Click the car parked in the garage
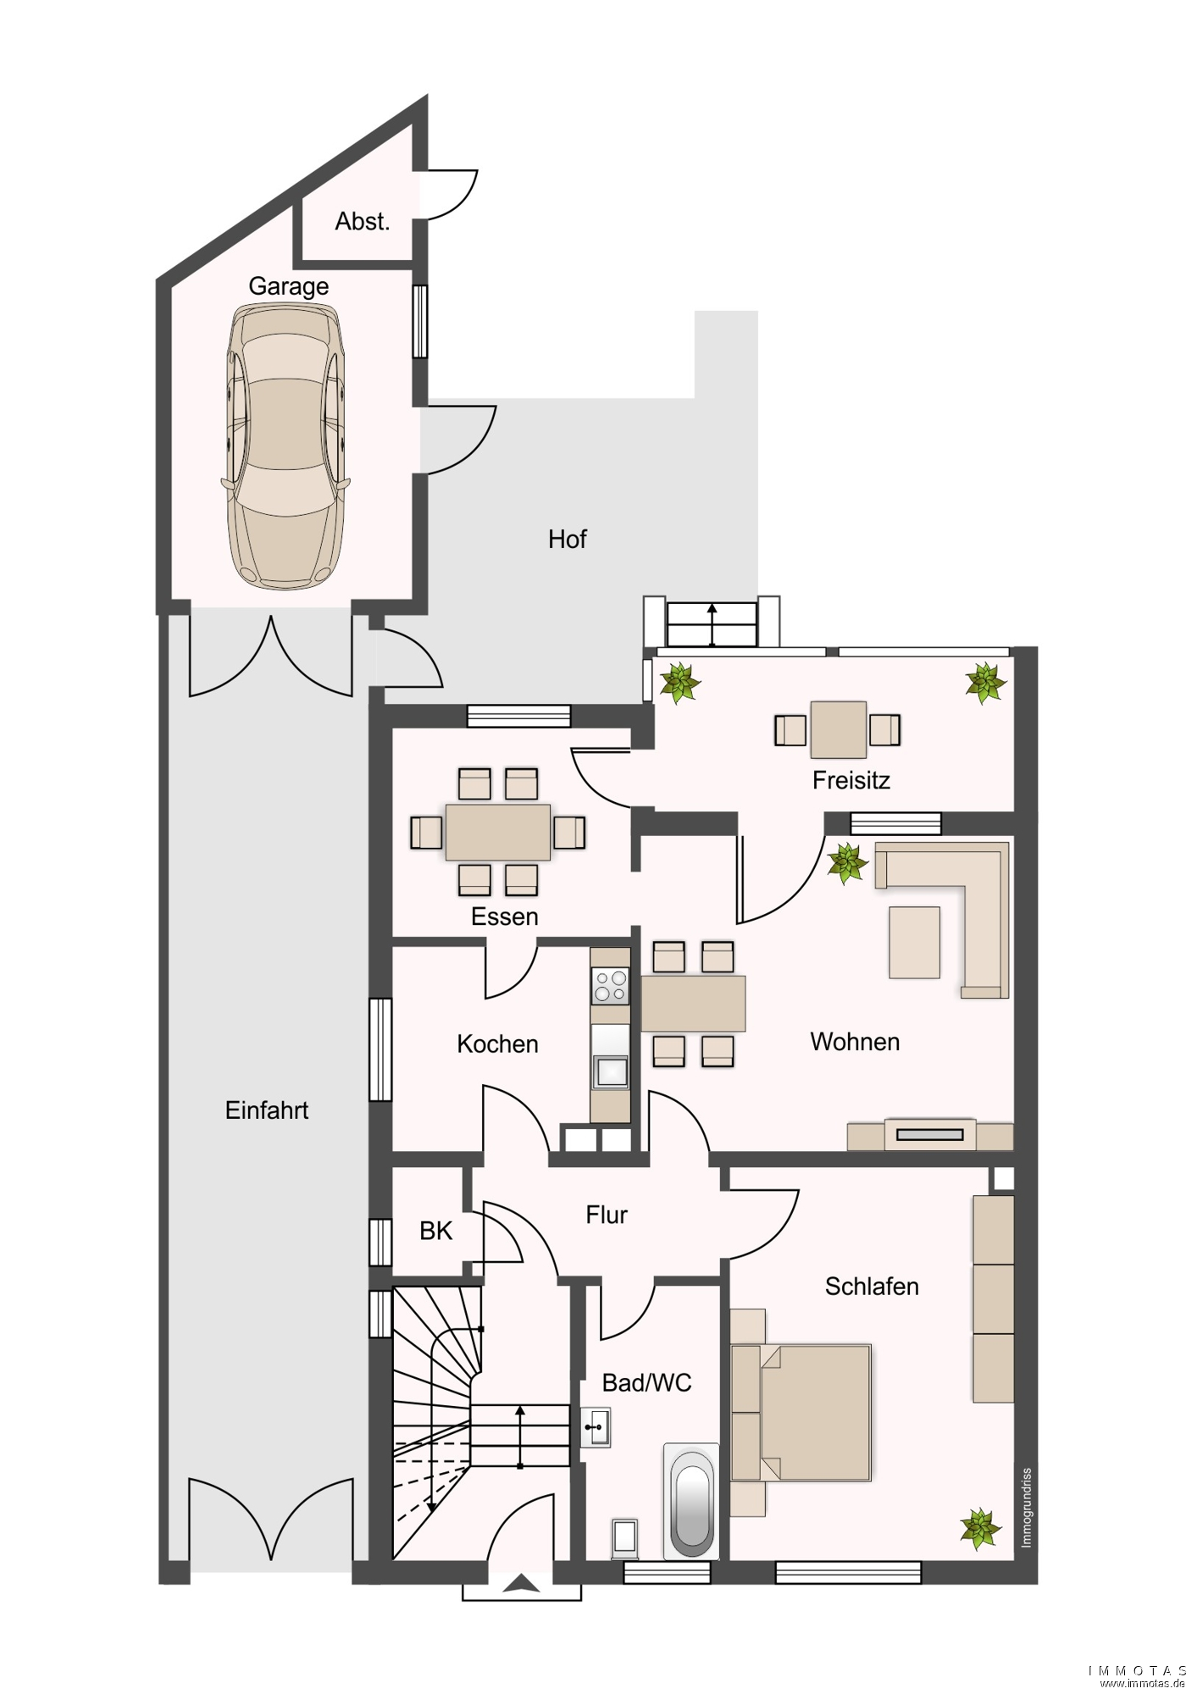[x=285, y=446]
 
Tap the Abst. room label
[x=362, y=222]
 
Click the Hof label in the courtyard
[x=567, y=539]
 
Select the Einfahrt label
[x=267, y=1110]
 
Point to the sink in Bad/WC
[x=596, y=1427]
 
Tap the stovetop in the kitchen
[x=610, y=986]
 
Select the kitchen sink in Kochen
[x=610, y=1072]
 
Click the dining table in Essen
[x=498, y=832]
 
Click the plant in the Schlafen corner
[x=980, y=1528]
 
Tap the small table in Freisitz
[x=838, y=729]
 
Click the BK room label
[x=436, y=1231]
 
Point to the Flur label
[x=607, y=1215]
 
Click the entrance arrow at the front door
[x=521, y=1583]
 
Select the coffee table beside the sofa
[x=914, y=942]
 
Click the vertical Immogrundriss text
[x=1027, y=1508]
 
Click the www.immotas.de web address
[x=1144, y=1683]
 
